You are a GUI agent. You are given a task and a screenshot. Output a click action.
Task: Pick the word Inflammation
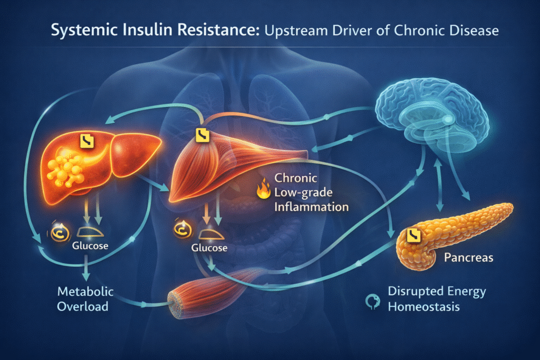pos(311,207)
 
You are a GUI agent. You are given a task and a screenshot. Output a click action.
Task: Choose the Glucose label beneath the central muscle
pos(209,248)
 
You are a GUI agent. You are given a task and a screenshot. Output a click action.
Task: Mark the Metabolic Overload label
pos(86,298)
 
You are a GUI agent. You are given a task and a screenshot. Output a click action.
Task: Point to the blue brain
pos(417,113)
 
